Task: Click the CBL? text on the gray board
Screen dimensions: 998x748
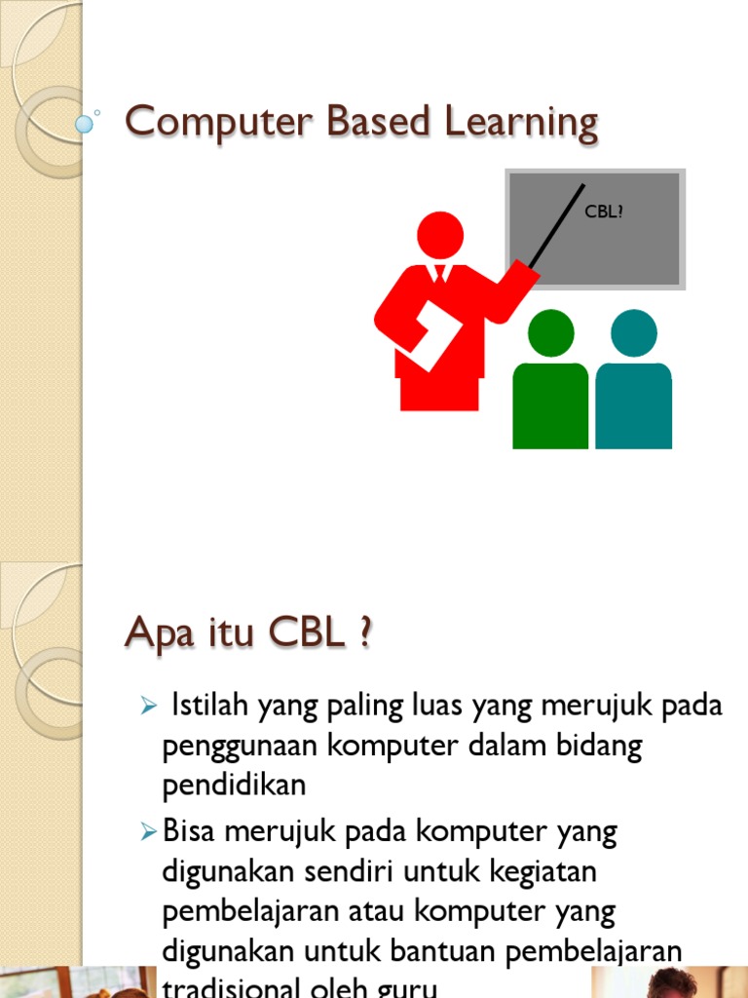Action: (x=603, y=211)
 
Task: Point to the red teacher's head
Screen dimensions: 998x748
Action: (x=440, y=235)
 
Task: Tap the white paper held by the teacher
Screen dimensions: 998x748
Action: (x=430, y=334)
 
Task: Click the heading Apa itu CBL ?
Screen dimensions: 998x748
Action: (x=248, y=636)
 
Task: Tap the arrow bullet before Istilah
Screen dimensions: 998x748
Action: (x=149, y=707)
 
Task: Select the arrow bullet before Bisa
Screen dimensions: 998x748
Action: (x=149, y=832)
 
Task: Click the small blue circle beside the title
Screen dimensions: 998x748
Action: (x=85, y=124)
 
